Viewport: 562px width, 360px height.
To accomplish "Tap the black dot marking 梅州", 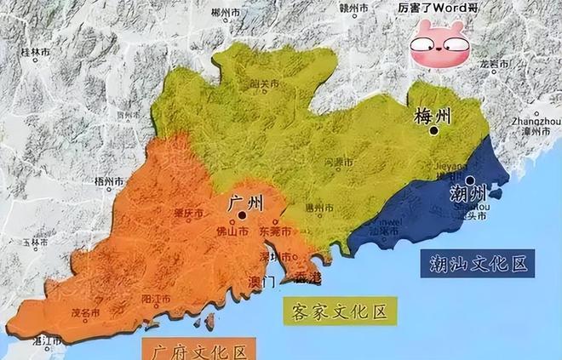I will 434,130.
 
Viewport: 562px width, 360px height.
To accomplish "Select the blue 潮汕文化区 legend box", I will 473,264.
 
